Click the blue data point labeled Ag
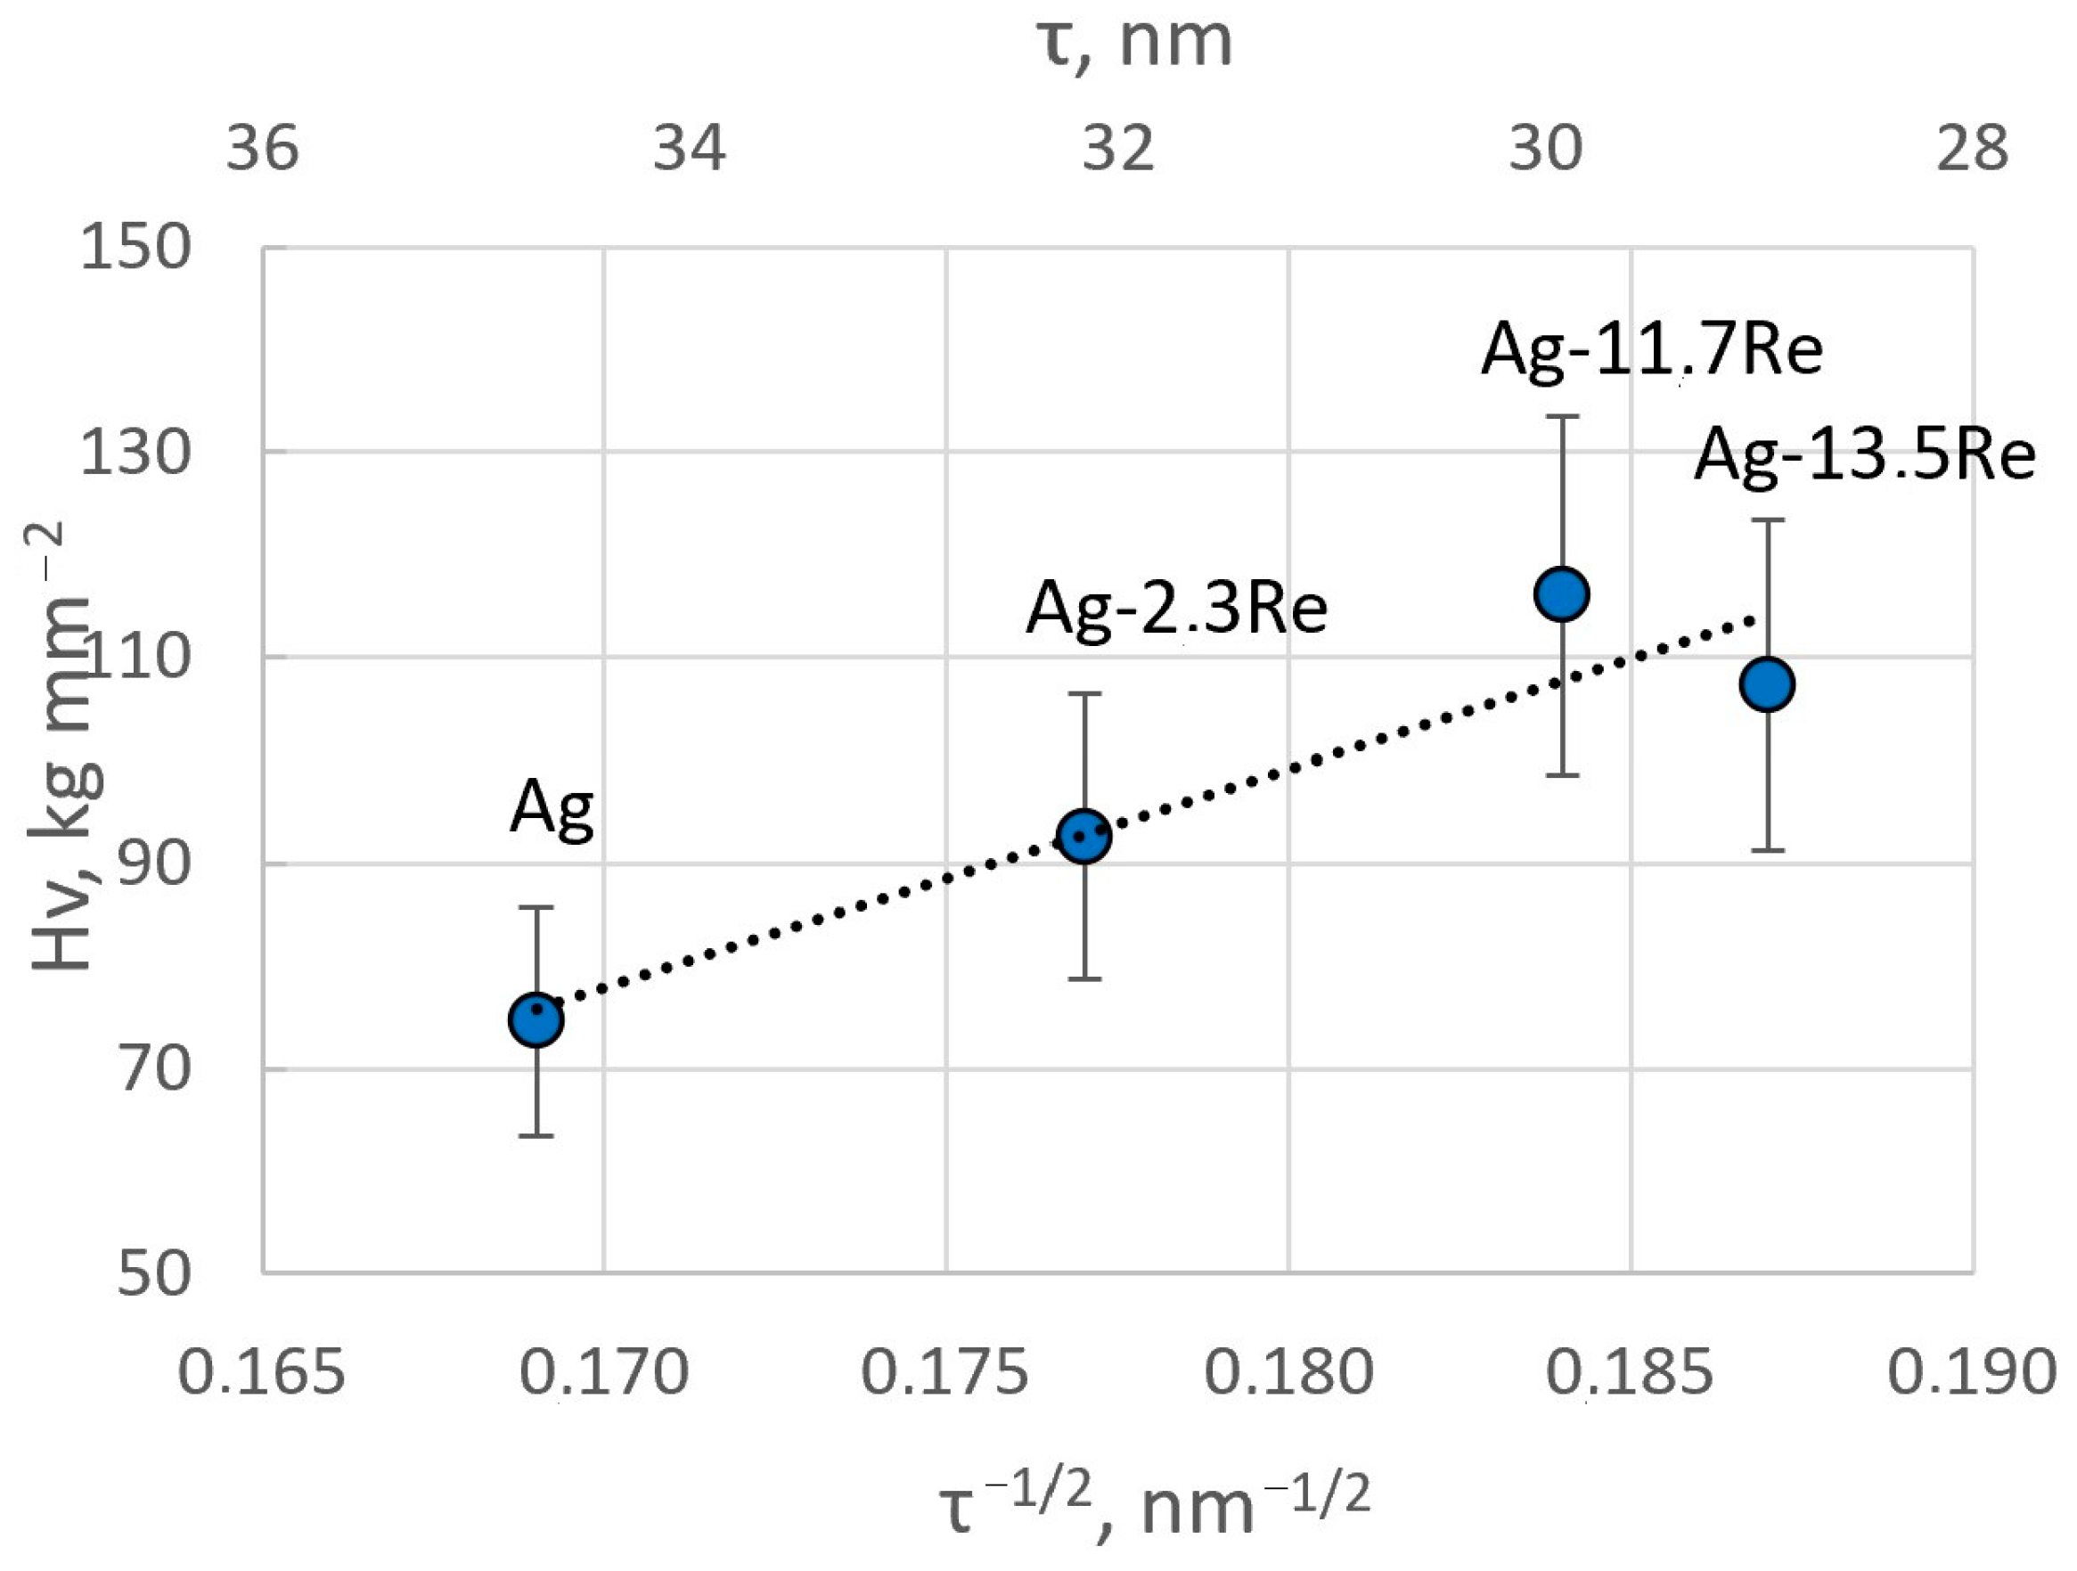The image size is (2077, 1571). click(536, 1019)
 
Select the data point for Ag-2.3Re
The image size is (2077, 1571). click(1083, 836)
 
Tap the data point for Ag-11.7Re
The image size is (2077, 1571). click(1561, 593)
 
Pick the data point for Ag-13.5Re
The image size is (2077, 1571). click(1767, 684)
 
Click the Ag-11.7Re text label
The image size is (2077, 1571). click(1652, 349)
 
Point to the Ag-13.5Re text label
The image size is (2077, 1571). click(1865, 454)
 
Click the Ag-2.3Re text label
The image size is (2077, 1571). click(1176, 609)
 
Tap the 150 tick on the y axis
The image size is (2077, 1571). click(136, 249)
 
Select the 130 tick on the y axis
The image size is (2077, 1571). click(136, 454)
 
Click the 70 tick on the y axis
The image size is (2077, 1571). click(153, 1068)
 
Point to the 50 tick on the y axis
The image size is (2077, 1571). click(153, 1274)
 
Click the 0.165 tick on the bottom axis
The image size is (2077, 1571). click(261, 1372)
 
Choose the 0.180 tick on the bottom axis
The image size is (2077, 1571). click(1288, 1372)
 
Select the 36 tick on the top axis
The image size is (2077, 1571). click(262, 148)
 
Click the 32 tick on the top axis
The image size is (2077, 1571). click(1117, 148)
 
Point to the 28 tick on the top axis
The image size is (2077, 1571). click(1973, 148)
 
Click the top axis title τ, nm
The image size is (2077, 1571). click(1134, 42)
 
